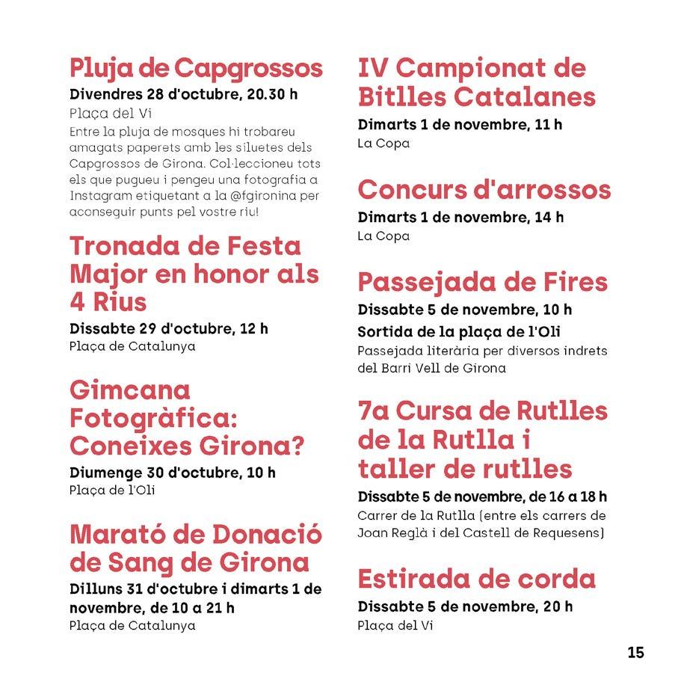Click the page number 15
pos(635,652)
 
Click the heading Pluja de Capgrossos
pos(196,68)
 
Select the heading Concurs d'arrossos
pos(484,190)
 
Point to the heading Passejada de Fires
pos(482,283)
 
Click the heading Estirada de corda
pos(476,579)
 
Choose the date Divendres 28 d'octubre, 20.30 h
pos(183,94)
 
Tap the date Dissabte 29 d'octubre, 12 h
pos(169,328)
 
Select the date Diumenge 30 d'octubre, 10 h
pos(172,473)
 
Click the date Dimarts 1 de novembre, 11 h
pos(460,125)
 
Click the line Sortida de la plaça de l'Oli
pos(459,331)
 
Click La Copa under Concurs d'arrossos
pos(383,236)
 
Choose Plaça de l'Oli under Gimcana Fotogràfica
pos(112,491)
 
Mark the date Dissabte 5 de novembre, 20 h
pos(465,606)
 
